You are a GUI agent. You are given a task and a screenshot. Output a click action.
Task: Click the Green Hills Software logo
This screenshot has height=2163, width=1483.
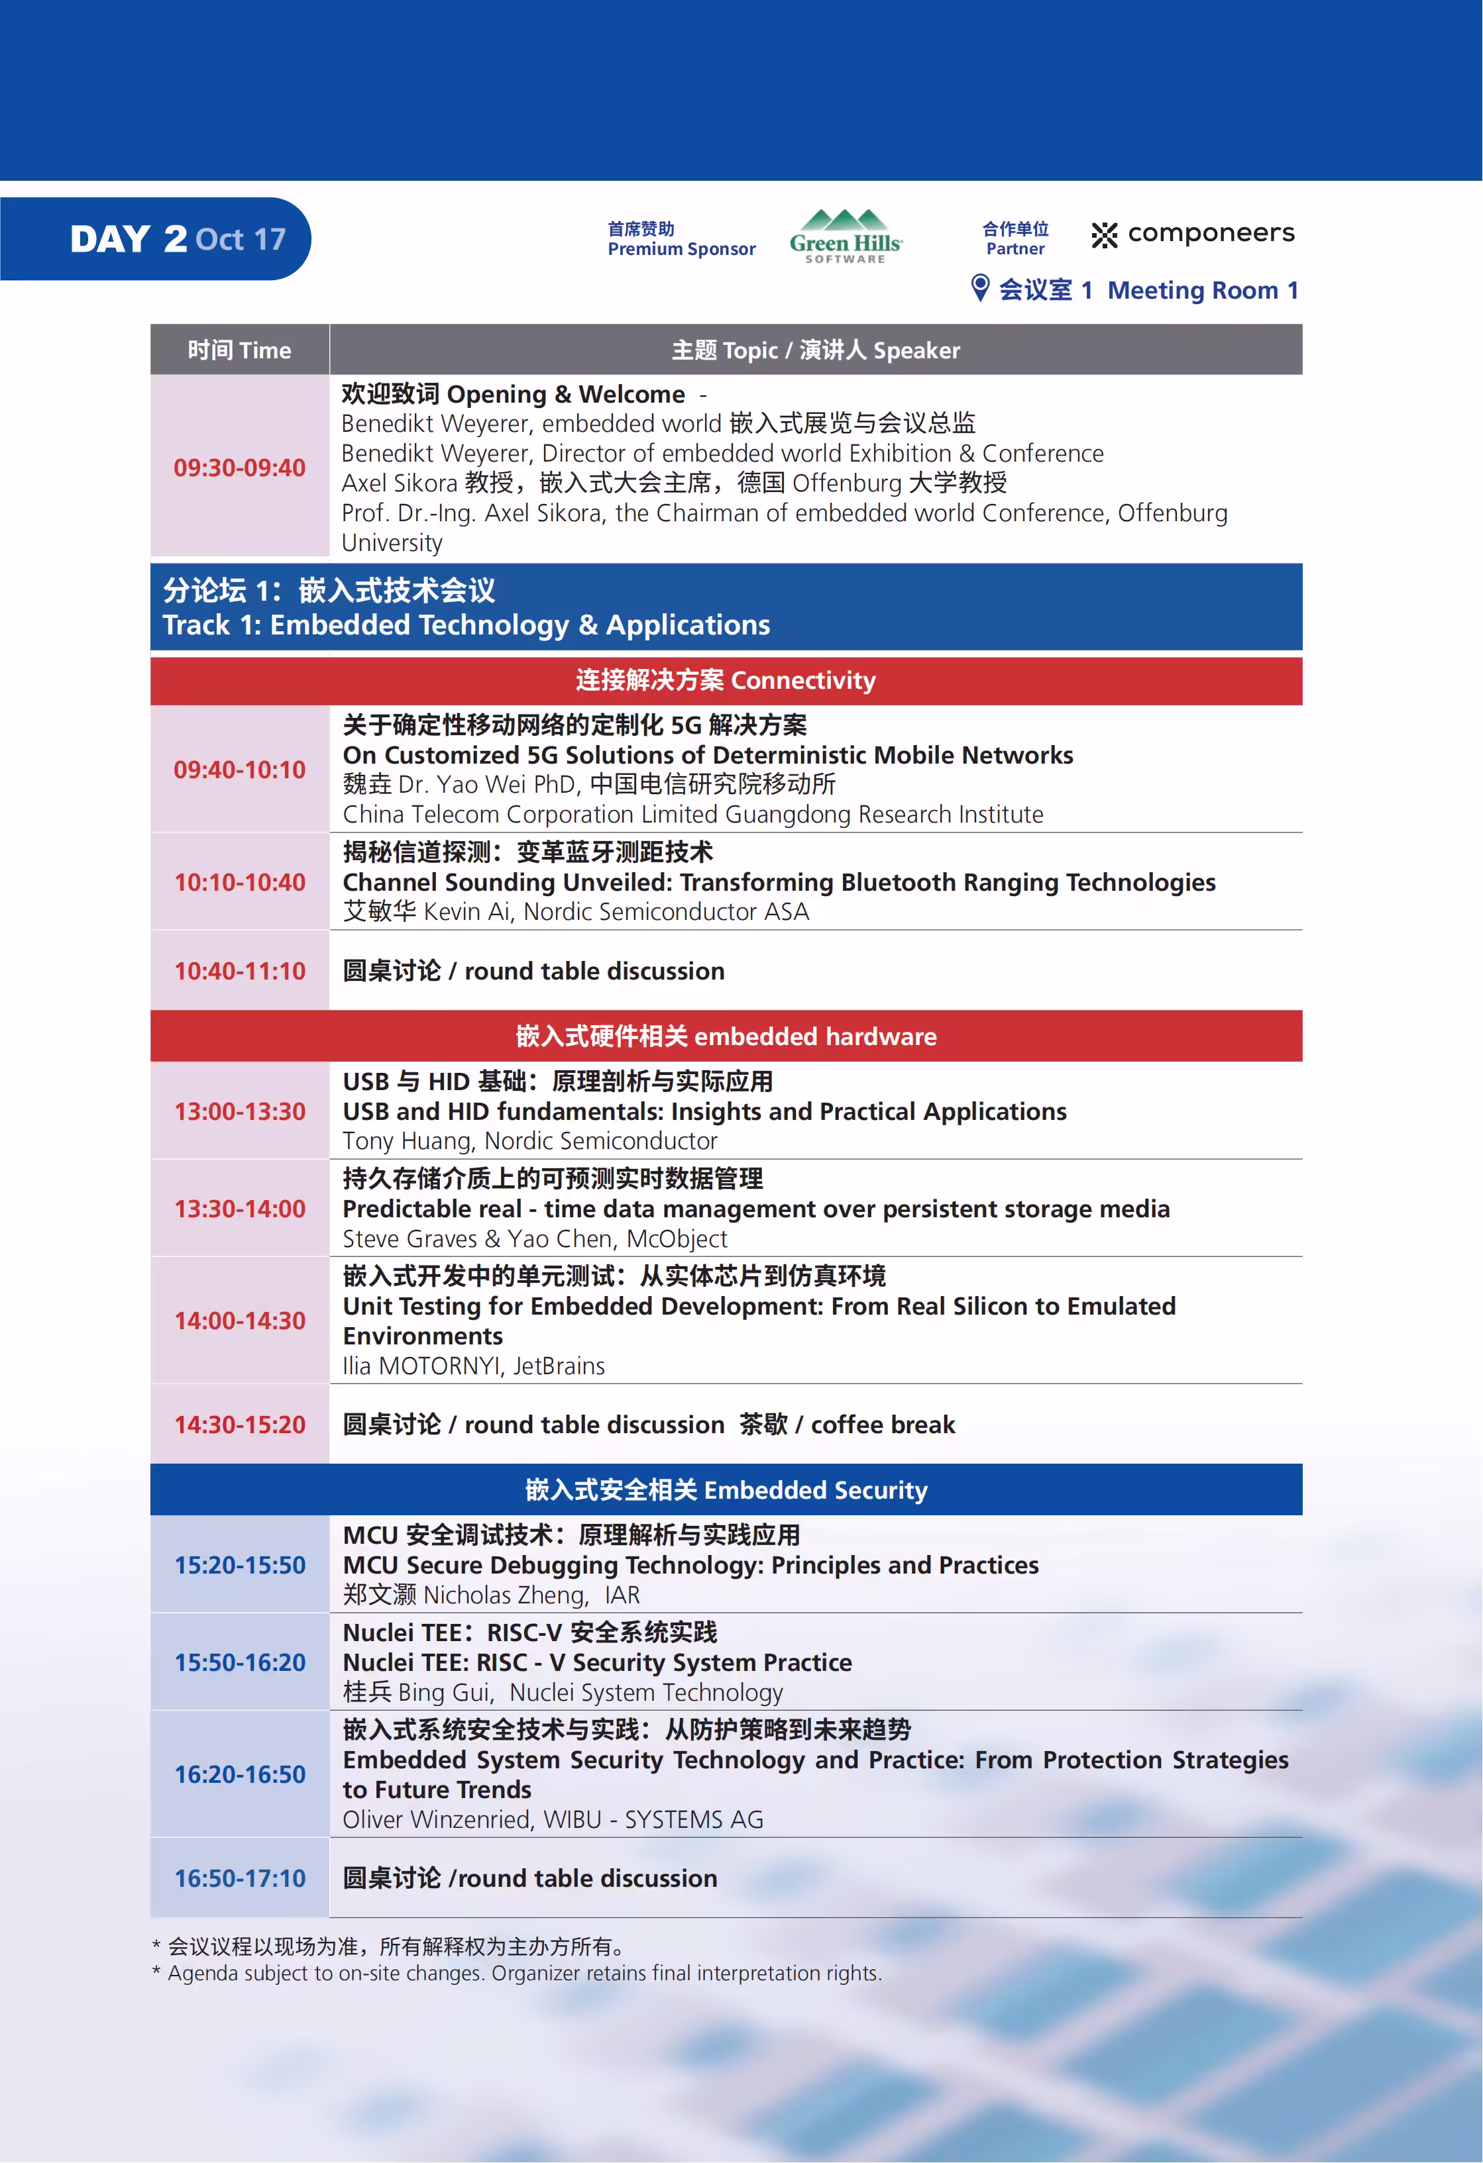tap(846, 236)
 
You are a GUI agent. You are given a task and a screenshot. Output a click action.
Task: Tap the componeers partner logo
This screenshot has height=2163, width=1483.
tap(1193, 234)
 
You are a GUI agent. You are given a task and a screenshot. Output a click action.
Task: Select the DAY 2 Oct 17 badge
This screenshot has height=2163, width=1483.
tap(177, 239)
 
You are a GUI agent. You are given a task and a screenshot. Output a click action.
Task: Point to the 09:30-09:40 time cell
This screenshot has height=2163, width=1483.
tap(239, 467)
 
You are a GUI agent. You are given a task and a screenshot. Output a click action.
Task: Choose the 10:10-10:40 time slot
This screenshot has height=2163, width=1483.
tap(239, 882)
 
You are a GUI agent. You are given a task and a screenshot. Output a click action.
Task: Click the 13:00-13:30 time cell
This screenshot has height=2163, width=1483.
tap(239, 1111)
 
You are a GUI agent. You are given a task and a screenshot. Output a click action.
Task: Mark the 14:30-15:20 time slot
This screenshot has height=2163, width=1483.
tap(239, 1425)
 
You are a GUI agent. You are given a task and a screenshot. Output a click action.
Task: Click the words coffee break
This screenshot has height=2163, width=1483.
tap(883, 1425)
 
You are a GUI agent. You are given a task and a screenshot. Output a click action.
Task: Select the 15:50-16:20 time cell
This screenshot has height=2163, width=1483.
tap(239, 1662)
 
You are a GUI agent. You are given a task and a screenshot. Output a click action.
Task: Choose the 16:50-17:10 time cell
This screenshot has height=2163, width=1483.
tap(239, 1878)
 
